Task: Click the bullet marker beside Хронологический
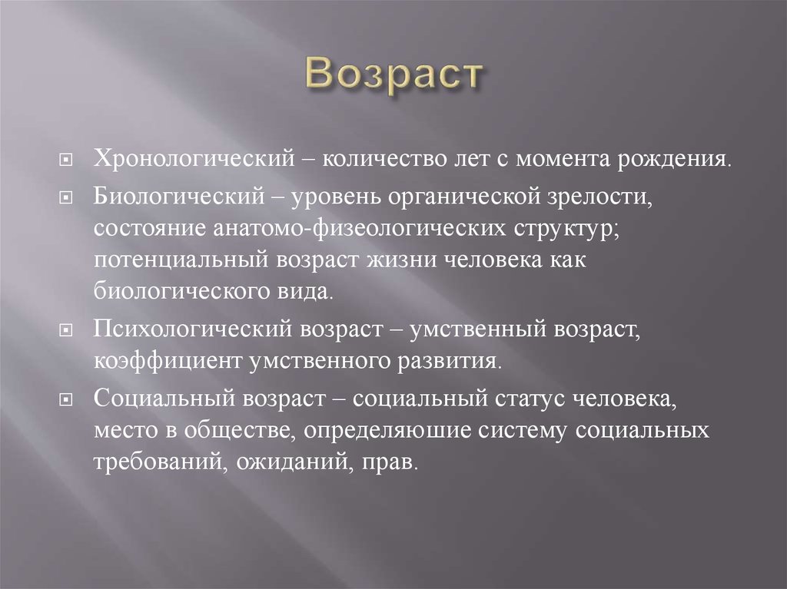tap(68, 162)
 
